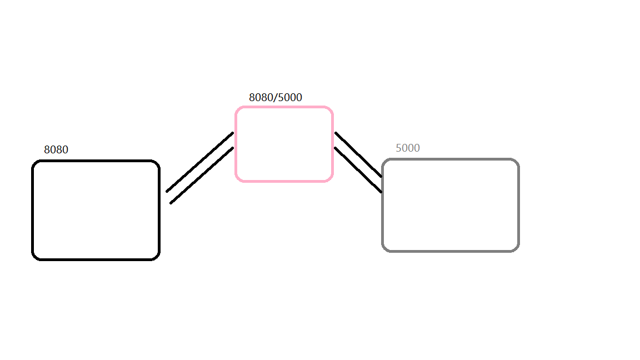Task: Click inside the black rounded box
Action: [96, 210]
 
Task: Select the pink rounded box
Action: [284, 144]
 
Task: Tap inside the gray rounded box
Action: [451, 205]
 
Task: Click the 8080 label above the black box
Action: [56, 150]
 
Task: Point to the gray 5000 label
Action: [408, 148]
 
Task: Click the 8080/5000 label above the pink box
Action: [276, 98]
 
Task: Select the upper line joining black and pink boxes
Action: [199, 162]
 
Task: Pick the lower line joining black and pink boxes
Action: [202, 175]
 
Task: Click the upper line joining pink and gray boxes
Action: [358, 154]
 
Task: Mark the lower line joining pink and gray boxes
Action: [358, 170]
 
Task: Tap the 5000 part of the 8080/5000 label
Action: [289, 98]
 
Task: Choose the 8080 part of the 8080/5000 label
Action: [261, 98]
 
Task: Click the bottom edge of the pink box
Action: [284, 181]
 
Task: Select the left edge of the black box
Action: [33, 210]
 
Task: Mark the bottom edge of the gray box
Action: [451, 251]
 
